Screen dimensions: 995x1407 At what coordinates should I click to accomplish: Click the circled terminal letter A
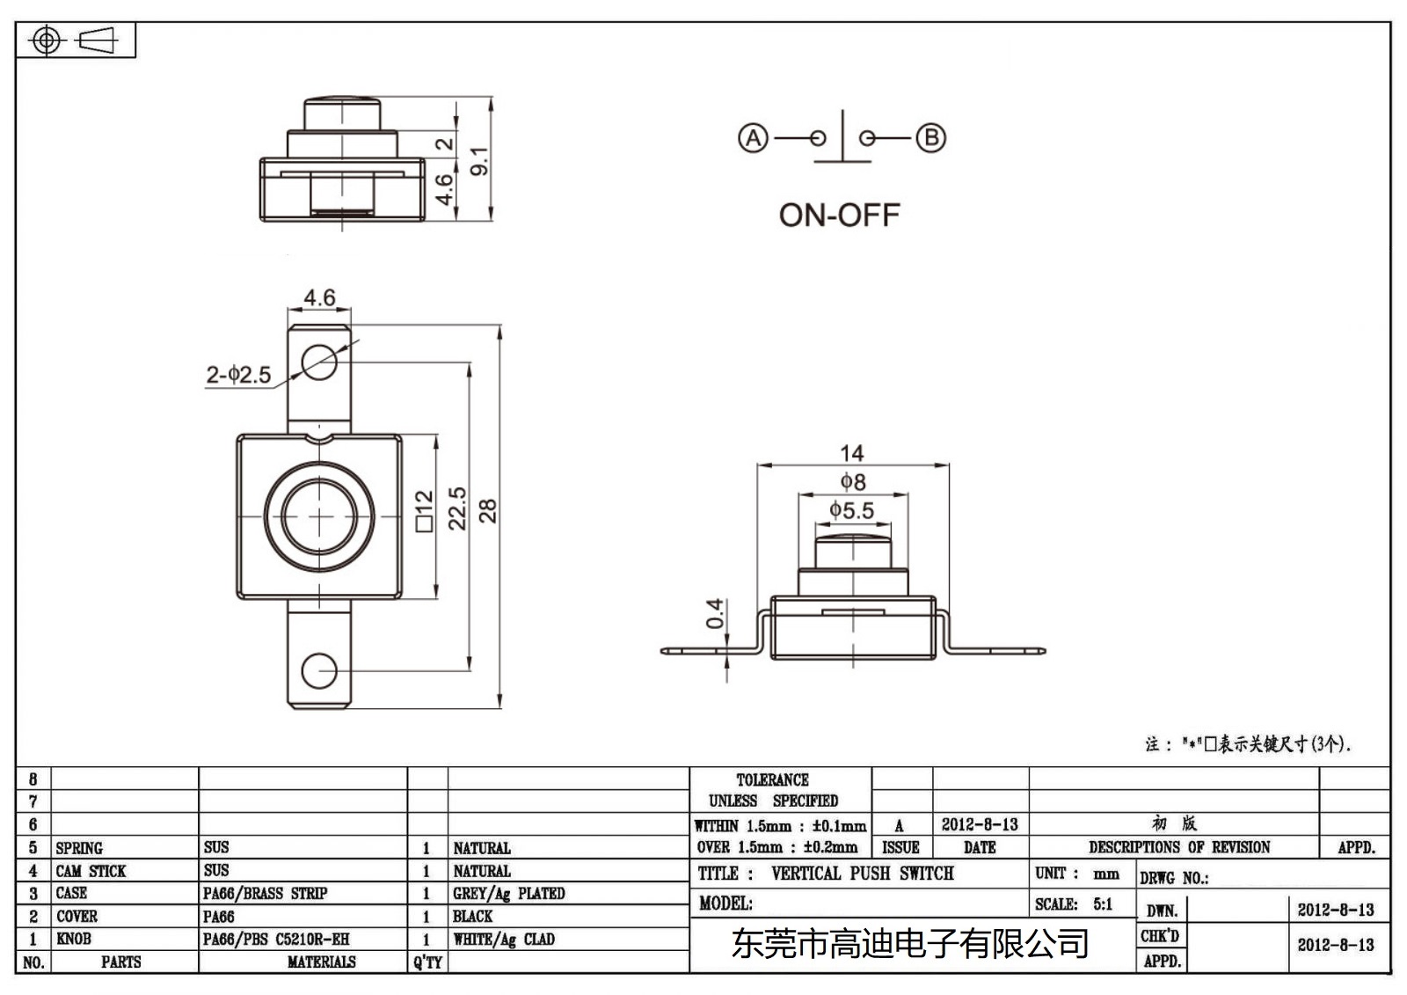click(753, 138)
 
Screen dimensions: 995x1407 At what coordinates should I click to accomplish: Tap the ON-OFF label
click(839, 216)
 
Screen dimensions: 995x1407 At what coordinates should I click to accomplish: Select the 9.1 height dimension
click(479, 161)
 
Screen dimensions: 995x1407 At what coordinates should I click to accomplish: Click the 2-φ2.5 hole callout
click(238, 375)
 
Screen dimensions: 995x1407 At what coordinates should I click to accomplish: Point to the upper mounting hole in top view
click(319, 361)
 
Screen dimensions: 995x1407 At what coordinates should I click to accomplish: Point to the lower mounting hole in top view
click(319, 671)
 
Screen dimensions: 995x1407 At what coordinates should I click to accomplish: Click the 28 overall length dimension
click(488, 511)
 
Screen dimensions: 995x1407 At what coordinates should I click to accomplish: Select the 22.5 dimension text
click(457, 508)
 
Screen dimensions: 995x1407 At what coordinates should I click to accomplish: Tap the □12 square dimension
click(424, 511)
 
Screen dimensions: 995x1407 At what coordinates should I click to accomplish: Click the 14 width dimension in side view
click(851, 453)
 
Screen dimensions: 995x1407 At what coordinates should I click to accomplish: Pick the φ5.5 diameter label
click(851, 510)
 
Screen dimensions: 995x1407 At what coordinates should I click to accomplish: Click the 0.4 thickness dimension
click(715, 613)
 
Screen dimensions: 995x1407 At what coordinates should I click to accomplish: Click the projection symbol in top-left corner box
click(75, 40)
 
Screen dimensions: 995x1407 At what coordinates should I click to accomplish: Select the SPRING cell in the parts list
click(79, 848)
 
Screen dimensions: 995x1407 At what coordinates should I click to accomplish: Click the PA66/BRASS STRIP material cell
click(265, 894)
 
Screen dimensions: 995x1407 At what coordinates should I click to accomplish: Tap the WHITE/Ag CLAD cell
click(504, 940)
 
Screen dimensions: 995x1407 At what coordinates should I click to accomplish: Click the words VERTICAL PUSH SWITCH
click(862, 874)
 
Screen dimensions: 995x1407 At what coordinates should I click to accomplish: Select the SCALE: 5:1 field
click(1074, 904)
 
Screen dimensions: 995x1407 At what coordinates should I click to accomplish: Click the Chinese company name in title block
click(910, 944)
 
